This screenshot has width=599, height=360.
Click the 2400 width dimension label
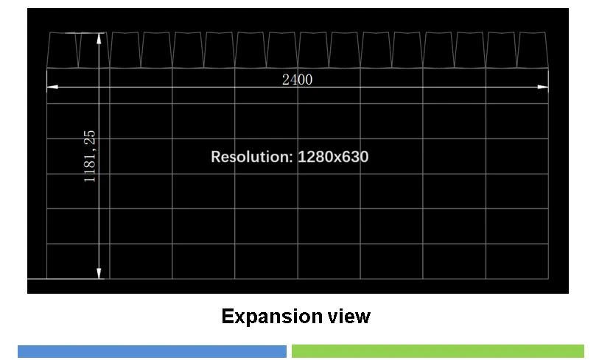click(x=297, y=80)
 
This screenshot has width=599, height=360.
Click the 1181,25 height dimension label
click(x=90, y=156)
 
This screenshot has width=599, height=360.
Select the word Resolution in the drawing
click(x=249, y=157)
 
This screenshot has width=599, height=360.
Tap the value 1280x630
click(x=333, y=157)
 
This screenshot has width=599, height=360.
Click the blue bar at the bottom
click(x=152, y=351)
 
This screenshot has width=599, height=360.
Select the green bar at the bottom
click(x=438, y=351)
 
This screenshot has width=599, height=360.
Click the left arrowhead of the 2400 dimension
click(x=52, y=87)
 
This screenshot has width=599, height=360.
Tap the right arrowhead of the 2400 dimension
click(x=543, y=87)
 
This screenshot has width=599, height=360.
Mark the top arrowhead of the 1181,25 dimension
click(x=99, y=38)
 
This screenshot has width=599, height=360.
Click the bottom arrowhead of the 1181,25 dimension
click(x=99, y=273)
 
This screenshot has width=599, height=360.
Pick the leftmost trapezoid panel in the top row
click(x=63, y=50)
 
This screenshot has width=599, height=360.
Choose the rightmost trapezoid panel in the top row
click(x=533, y=50)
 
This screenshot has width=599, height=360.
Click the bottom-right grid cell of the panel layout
click(x=517, y=261)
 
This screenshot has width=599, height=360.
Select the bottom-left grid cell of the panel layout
click(x=78, y=261)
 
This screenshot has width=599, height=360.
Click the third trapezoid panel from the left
click(x=125, y=50)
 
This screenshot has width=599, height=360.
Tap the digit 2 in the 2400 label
click(x=286, y=80)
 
